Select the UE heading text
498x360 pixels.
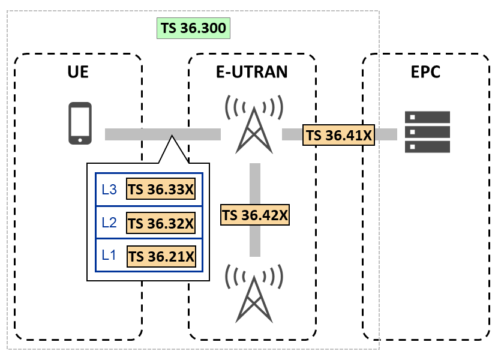pos(78,73)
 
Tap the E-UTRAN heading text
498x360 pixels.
pos(252,73)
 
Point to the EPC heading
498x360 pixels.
pos(425,73)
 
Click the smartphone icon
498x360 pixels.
pos(80,124)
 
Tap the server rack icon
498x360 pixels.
pos(427,131)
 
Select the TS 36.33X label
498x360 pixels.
pos(161,190)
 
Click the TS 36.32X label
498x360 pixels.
pos(161,223)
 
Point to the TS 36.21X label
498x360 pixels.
pos(161,256)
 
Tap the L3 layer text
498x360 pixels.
pos(110,190)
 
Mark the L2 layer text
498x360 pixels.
pos(110,223)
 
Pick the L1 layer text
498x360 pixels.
pos(110,256)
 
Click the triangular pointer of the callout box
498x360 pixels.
pos(173,151)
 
